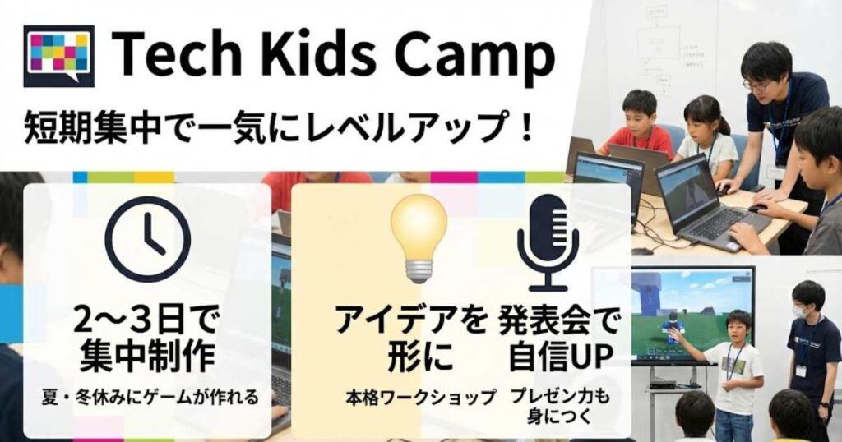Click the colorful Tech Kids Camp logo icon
(58, 55)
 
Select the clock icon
(148, 239)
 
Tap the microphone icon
(547, 242)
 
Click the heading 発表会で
(559, 320)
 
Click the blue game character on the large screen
(673, 326)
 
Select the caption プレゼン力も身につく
(559, 406)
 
